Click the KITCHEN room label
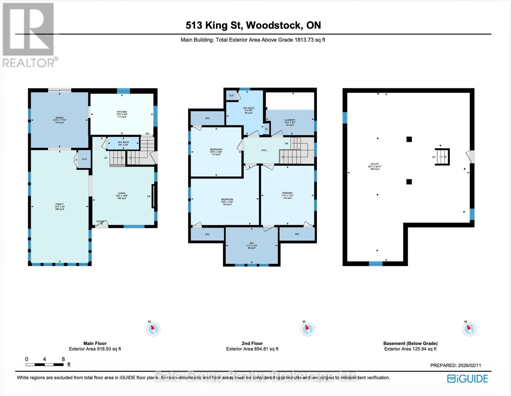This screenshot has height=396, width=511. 122,112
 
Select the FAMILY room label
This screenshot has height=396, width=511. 59,204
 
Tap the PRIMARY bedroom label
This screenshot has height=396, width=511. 287,193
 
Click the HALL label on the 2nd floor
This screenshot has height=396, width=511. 264,150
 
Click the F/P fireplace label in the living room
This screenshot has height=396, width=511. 149,197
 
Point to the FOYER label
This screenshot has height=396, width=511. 100,221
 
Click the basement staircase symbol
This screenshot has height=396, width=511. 442,157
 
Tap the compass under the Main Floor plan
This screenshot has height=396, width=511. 153,329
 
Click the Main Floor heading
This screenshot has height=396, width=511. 95,344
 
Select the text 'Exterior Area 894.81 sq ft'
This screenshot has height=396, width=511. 252,349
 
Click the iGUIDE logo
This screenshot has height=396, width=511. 467,379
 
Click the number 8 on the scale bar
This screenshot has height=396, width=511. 63,359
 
